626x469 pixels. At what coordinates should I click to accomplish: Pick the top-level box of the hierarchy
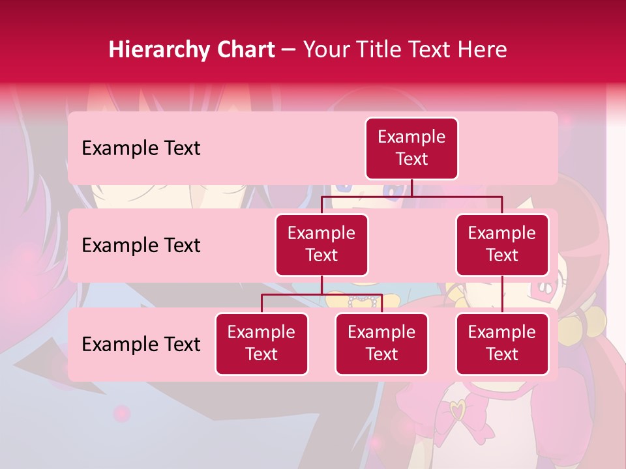point(411,149)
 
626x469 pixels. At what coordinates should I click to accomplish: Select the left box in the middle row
point(321,245)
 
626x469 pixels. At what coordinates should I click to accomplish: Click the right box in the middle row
point(502,245)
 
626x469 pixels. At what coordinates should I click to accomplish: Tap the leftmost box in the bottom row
point(261,344)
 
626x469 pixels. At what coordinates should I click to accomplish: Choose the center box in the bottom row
point(381,344)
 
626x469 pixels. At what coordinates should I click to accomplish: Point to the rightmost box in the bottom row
point(502,344)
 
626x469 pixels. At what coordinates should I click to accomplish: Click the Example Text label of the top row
point(141,149)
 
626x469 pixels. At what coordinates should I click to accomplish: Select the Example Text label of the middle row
point(141,246)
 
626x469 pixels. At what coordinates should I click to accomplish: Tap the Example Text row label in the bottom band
point(141,345)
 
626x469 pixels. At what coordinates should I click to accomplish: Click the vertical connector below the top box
point(411,188)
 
